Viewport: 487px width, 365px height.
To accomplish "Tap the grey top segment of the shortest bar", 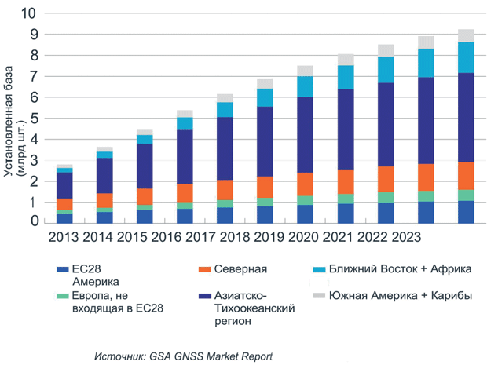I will point(64,166).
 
